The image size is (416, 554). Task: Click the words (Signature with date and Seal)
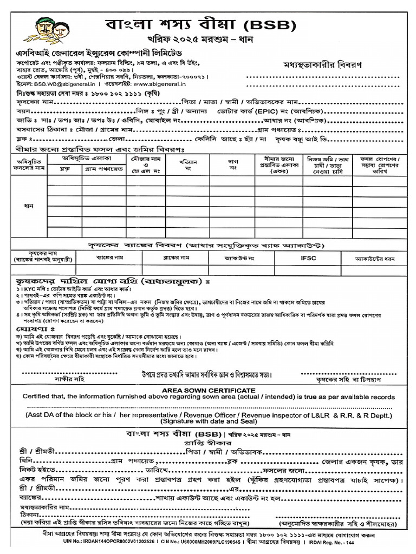click(208, 422)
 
